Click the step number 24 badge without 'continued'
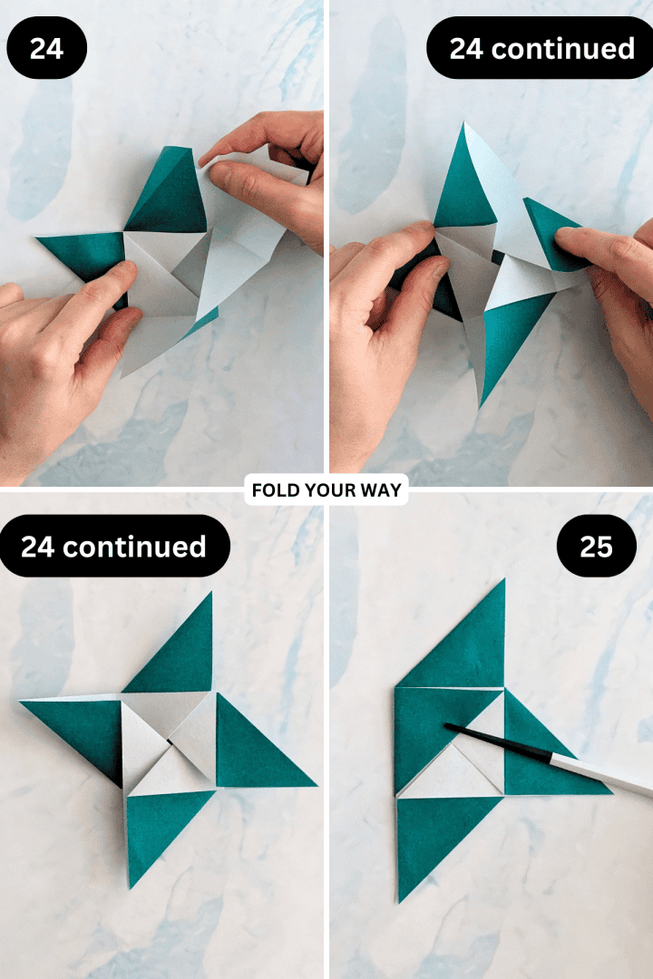tap(46, 47)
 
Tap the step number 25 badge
tap(596, 547)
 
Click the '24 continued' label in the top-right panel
tap(541, 47)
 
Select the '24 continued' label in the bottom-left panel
tap(113, 547)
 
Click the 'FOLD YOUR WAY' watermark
tap(327, 490)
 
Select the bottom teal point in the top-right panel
tap(508, 344)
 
